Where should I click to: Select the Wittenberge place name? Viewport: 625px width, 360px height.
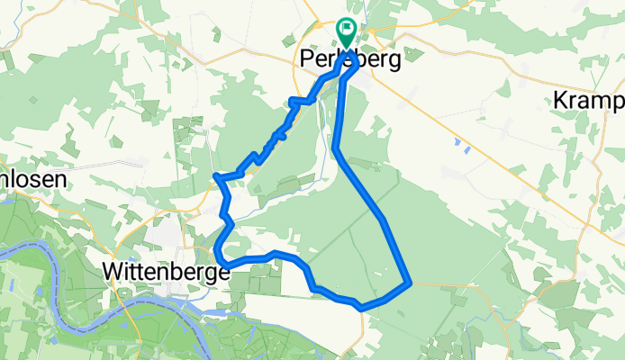pyautogui.click(x=161, y=270)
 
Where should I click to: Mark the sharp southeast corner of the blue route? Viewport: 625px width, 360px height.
pyautogui.click(x=411, y=283)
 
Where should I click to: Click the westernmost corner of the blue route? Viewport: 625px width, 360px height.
pyautogui.click(x=214, y=175)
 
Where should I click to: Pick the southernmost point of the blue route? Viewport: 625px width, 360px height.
pyautogui.click(x=361, y=308)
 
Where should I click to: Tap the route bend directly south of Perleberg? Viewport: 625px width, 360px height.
pyautogui.click(x=336, y=148)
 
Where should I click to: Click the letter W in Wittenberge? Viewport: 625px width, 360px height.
pyautogui.click(x=114, y=270)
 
